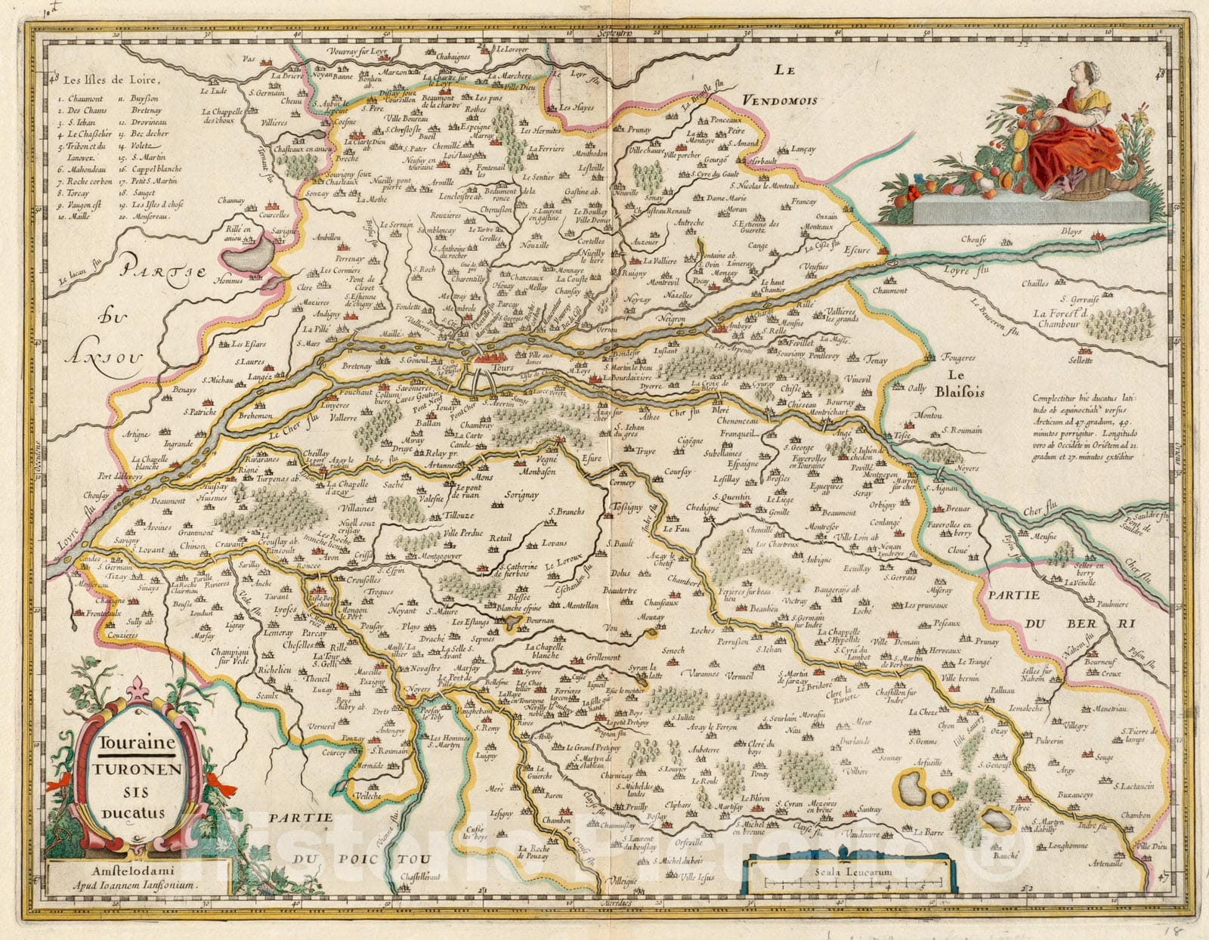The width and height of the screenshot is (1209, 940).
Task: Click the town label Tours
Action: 502,368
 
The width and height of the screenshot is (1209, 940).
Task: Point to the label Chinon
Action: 194,544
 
